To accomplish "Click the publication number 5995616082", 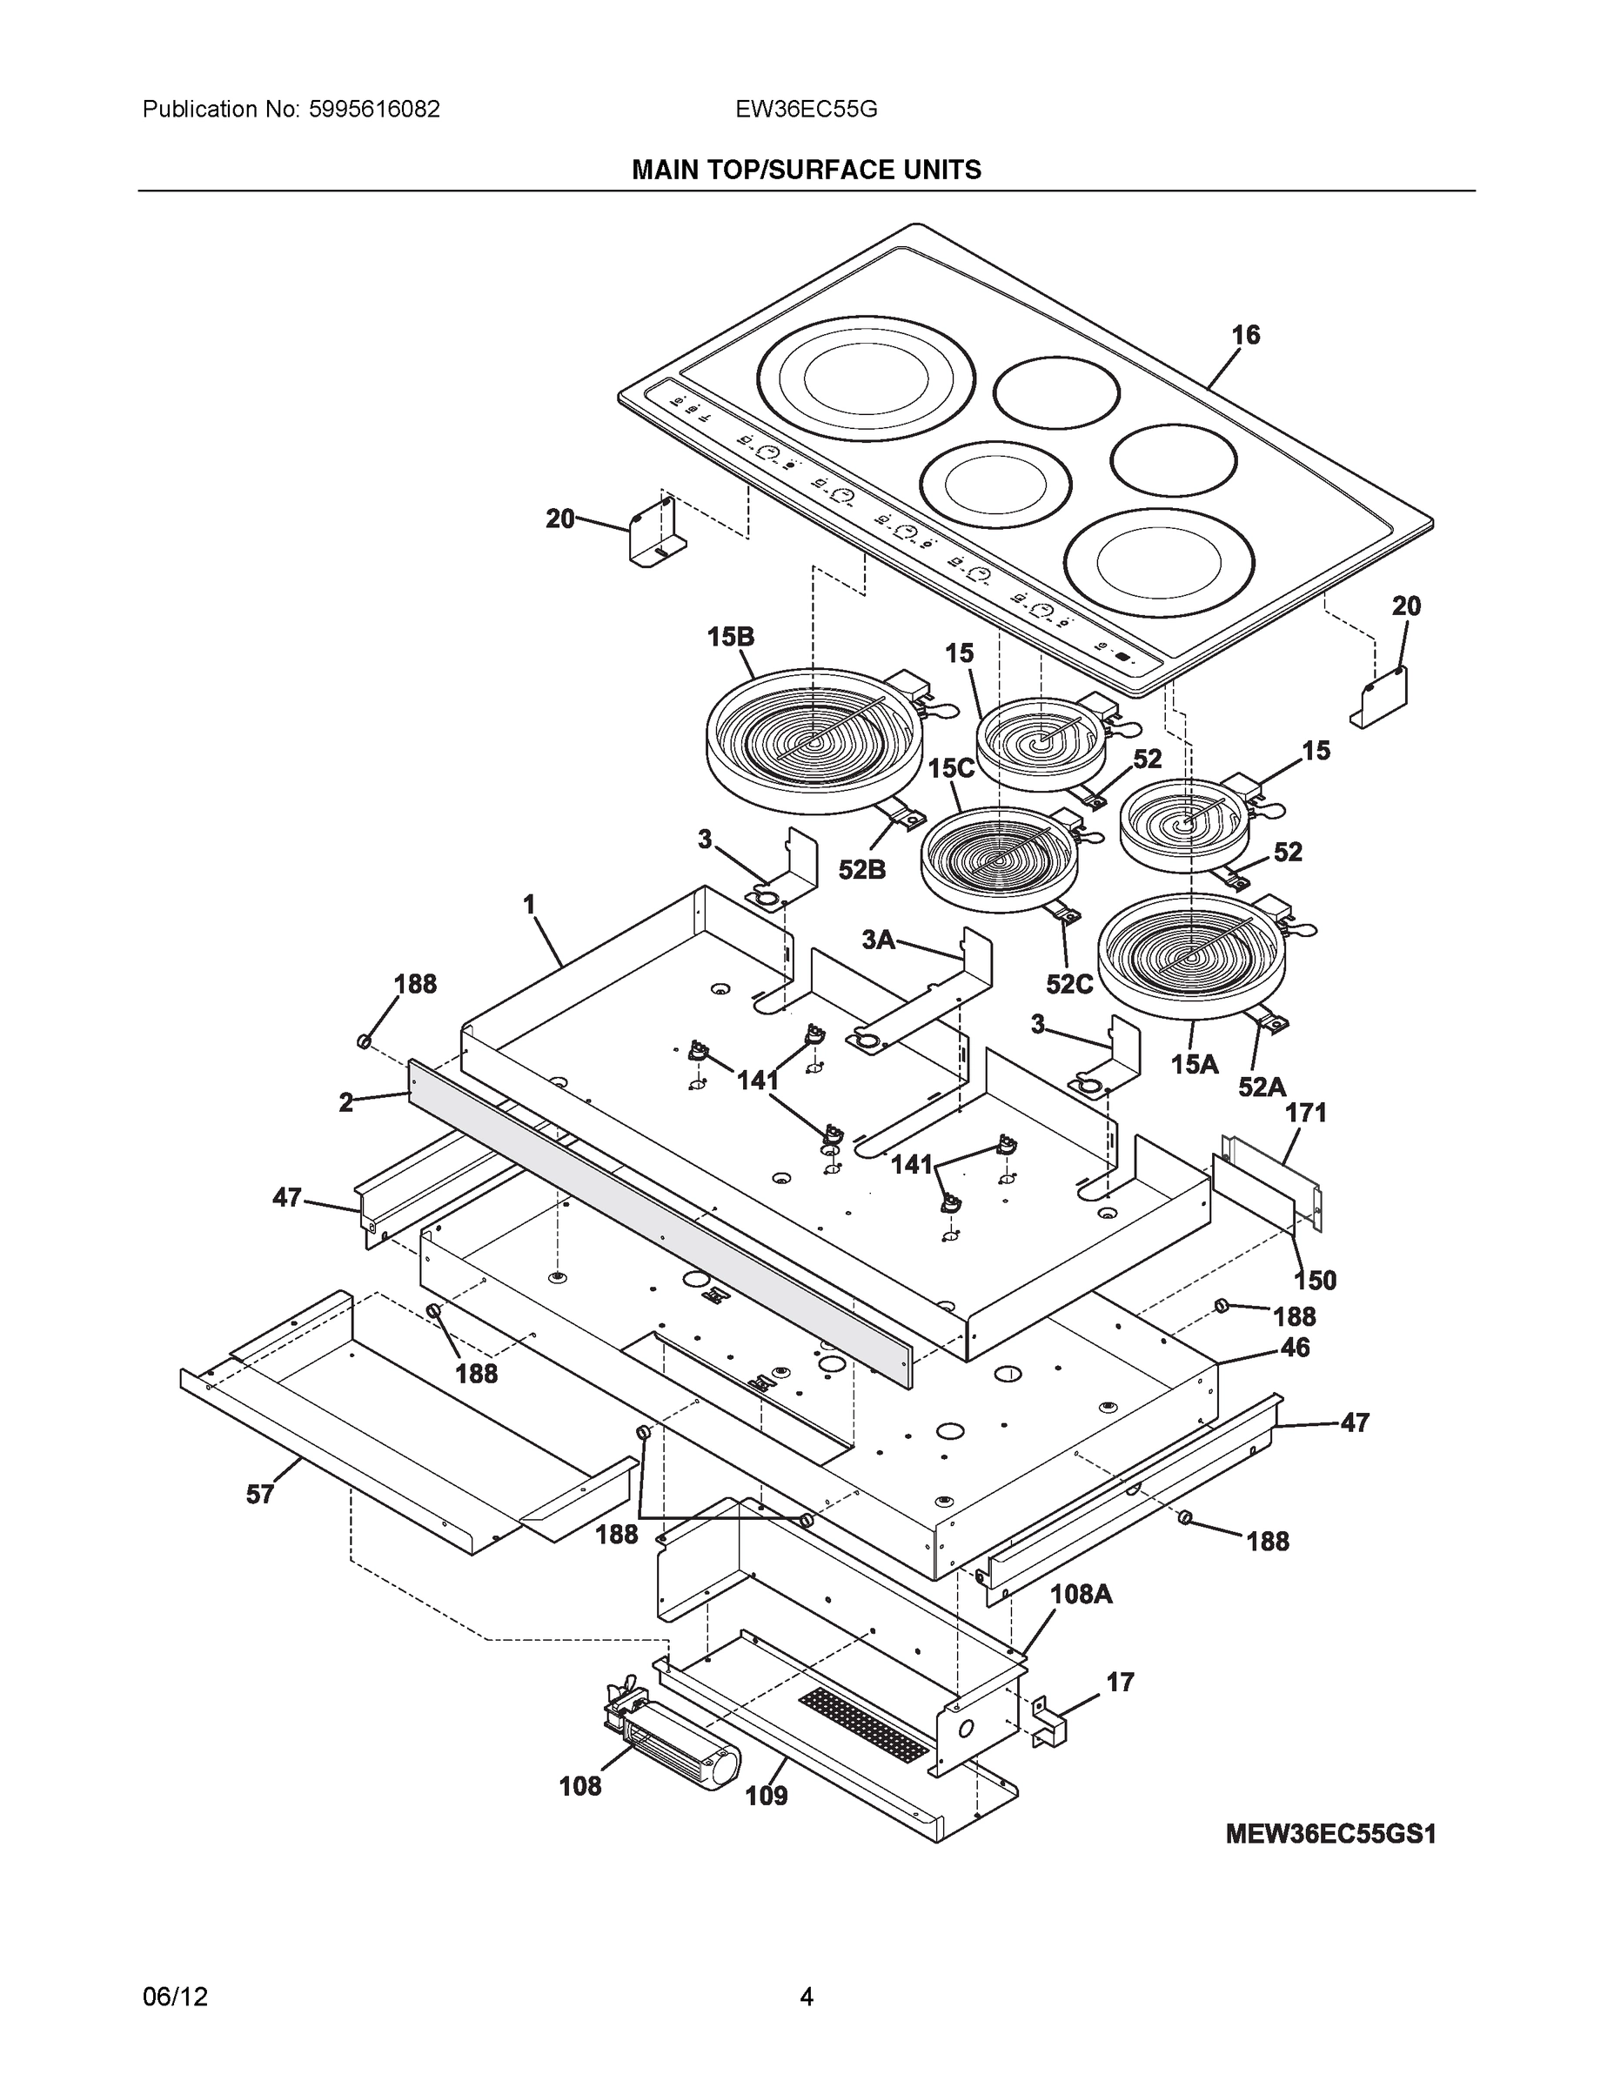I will click(374, 109).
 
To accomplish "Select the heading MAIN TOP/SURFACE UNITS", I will click(806, 171).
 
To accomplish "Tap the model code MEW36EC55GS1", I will click(1331, 1834).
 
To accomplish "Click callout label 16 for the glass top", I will click(1245, 335).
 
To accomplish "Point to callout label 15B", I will click(731, 637).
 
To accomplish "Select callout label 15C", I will click(950, 767).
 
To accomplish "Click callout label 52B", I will click(861, 870).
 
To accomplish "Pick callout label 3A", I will click(878, 940).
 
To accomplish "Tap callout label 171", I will click(1305, 1113).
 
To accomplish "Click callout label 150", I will click(1315, 1280).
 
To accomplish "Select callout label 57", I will click(260, 1495).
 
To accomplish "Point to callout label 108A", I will click(1081, 1594).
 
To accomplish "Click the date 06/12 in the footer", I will click(175, 1998).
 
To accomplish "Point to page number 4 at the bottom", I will click(806, 1998).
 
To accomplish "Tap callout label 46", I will click(1295, 1348).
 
